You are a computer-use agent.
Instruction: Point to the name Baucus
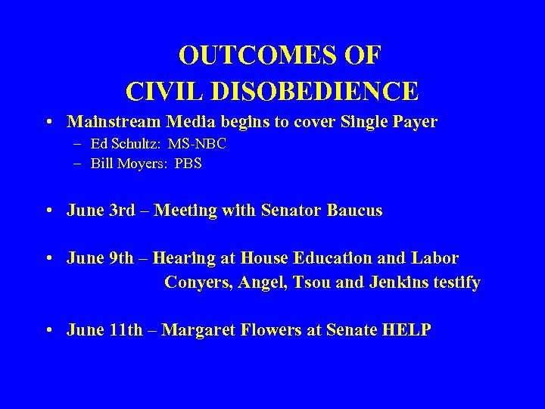click(354, 211)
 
